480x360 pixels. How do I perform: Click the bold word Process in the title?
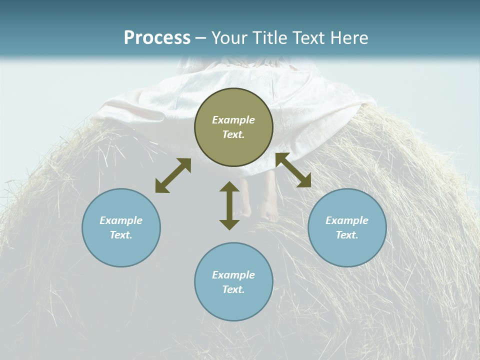click(x=157, y=37)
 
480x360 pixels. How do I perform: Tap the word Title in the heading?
click(x=270, y=37)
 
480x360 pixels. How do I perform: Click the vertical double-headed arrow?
click(x=229, y=206)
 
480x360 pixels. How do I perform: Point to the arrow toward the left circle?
click(x=173, y=175)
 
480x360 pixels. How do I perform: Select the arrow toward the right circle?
click(x=293, y=170)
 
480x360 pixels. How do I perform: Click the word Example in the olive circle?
click(x=233, y=120)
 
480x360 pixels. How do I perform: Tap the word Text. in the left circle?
click(x=121, y=235)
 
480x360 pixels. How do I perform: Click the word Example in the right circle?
click(x=347, y=220)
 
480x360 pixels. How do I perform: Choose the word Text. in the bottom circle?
click(x=233, y=289)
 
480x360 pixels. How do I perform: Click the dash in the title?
click(x=201, y=38)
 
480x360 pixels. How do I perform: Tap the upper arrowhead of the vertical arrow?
click(x=229, y=187)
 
